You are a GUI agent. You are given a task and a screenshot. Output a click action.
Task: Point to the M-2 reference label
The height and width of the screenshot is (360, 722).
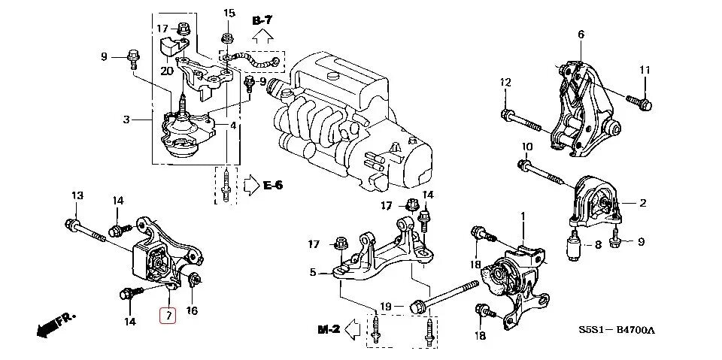click(x=329, y=329)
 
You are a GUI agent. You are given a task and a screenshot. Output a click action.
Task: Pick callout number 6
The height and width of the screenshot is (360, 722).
click(x=581, y=35)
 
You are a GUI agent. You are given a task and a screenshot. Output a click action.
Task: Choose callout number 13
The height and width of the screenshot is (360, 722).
click(x=77, y=197)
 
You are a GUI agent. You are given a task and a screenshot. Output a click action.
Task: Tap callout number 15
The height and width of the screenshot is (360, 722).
click(x=229, y=14)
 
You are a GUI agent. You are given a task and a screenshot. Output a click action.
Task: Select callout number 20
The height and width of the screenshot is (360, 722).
click(x=166, y=70)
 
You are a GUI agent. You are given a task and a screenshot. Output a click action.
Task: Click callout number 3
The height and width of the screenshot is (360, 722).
click(x=127, y=119)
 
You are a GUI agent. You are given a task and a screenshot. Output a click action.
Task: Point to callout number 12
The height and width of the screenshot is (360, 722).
click(x=505, y=83)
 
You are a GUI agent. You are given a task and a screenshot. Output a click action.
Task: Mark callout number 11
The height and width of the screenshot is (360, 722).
click(x=645, y=71)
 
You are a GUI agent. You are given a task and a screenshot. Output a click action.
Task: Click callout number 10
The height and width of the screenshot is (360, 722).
click(x=526, y=147)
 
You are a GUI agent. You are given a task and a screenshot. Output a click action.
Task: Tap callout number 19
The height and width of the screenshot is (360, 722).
click(x=386, y=306)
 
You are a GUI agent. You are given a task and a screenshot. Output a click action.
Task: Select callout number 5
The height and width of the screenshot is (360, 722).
click(x=313, y=272)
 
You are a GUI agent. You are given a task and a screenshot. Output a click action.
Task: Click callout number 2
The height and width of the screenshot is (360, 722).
click(x=643, y=203)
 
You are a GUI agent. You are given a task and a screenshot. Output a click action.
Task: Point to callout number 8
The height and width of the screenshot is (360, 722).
click(x=598, y=244)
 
